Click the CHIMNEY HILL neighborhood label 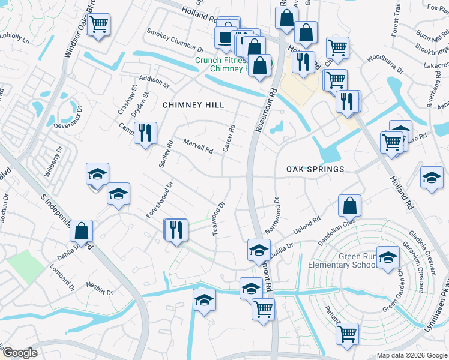193,105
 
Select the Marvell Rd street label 198,146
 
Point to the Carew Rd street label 229,138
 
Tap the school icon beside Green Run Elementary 388,256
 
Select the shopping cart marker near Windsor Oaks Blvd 98,25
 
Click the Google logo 20,353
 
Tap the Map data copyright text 412,355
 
